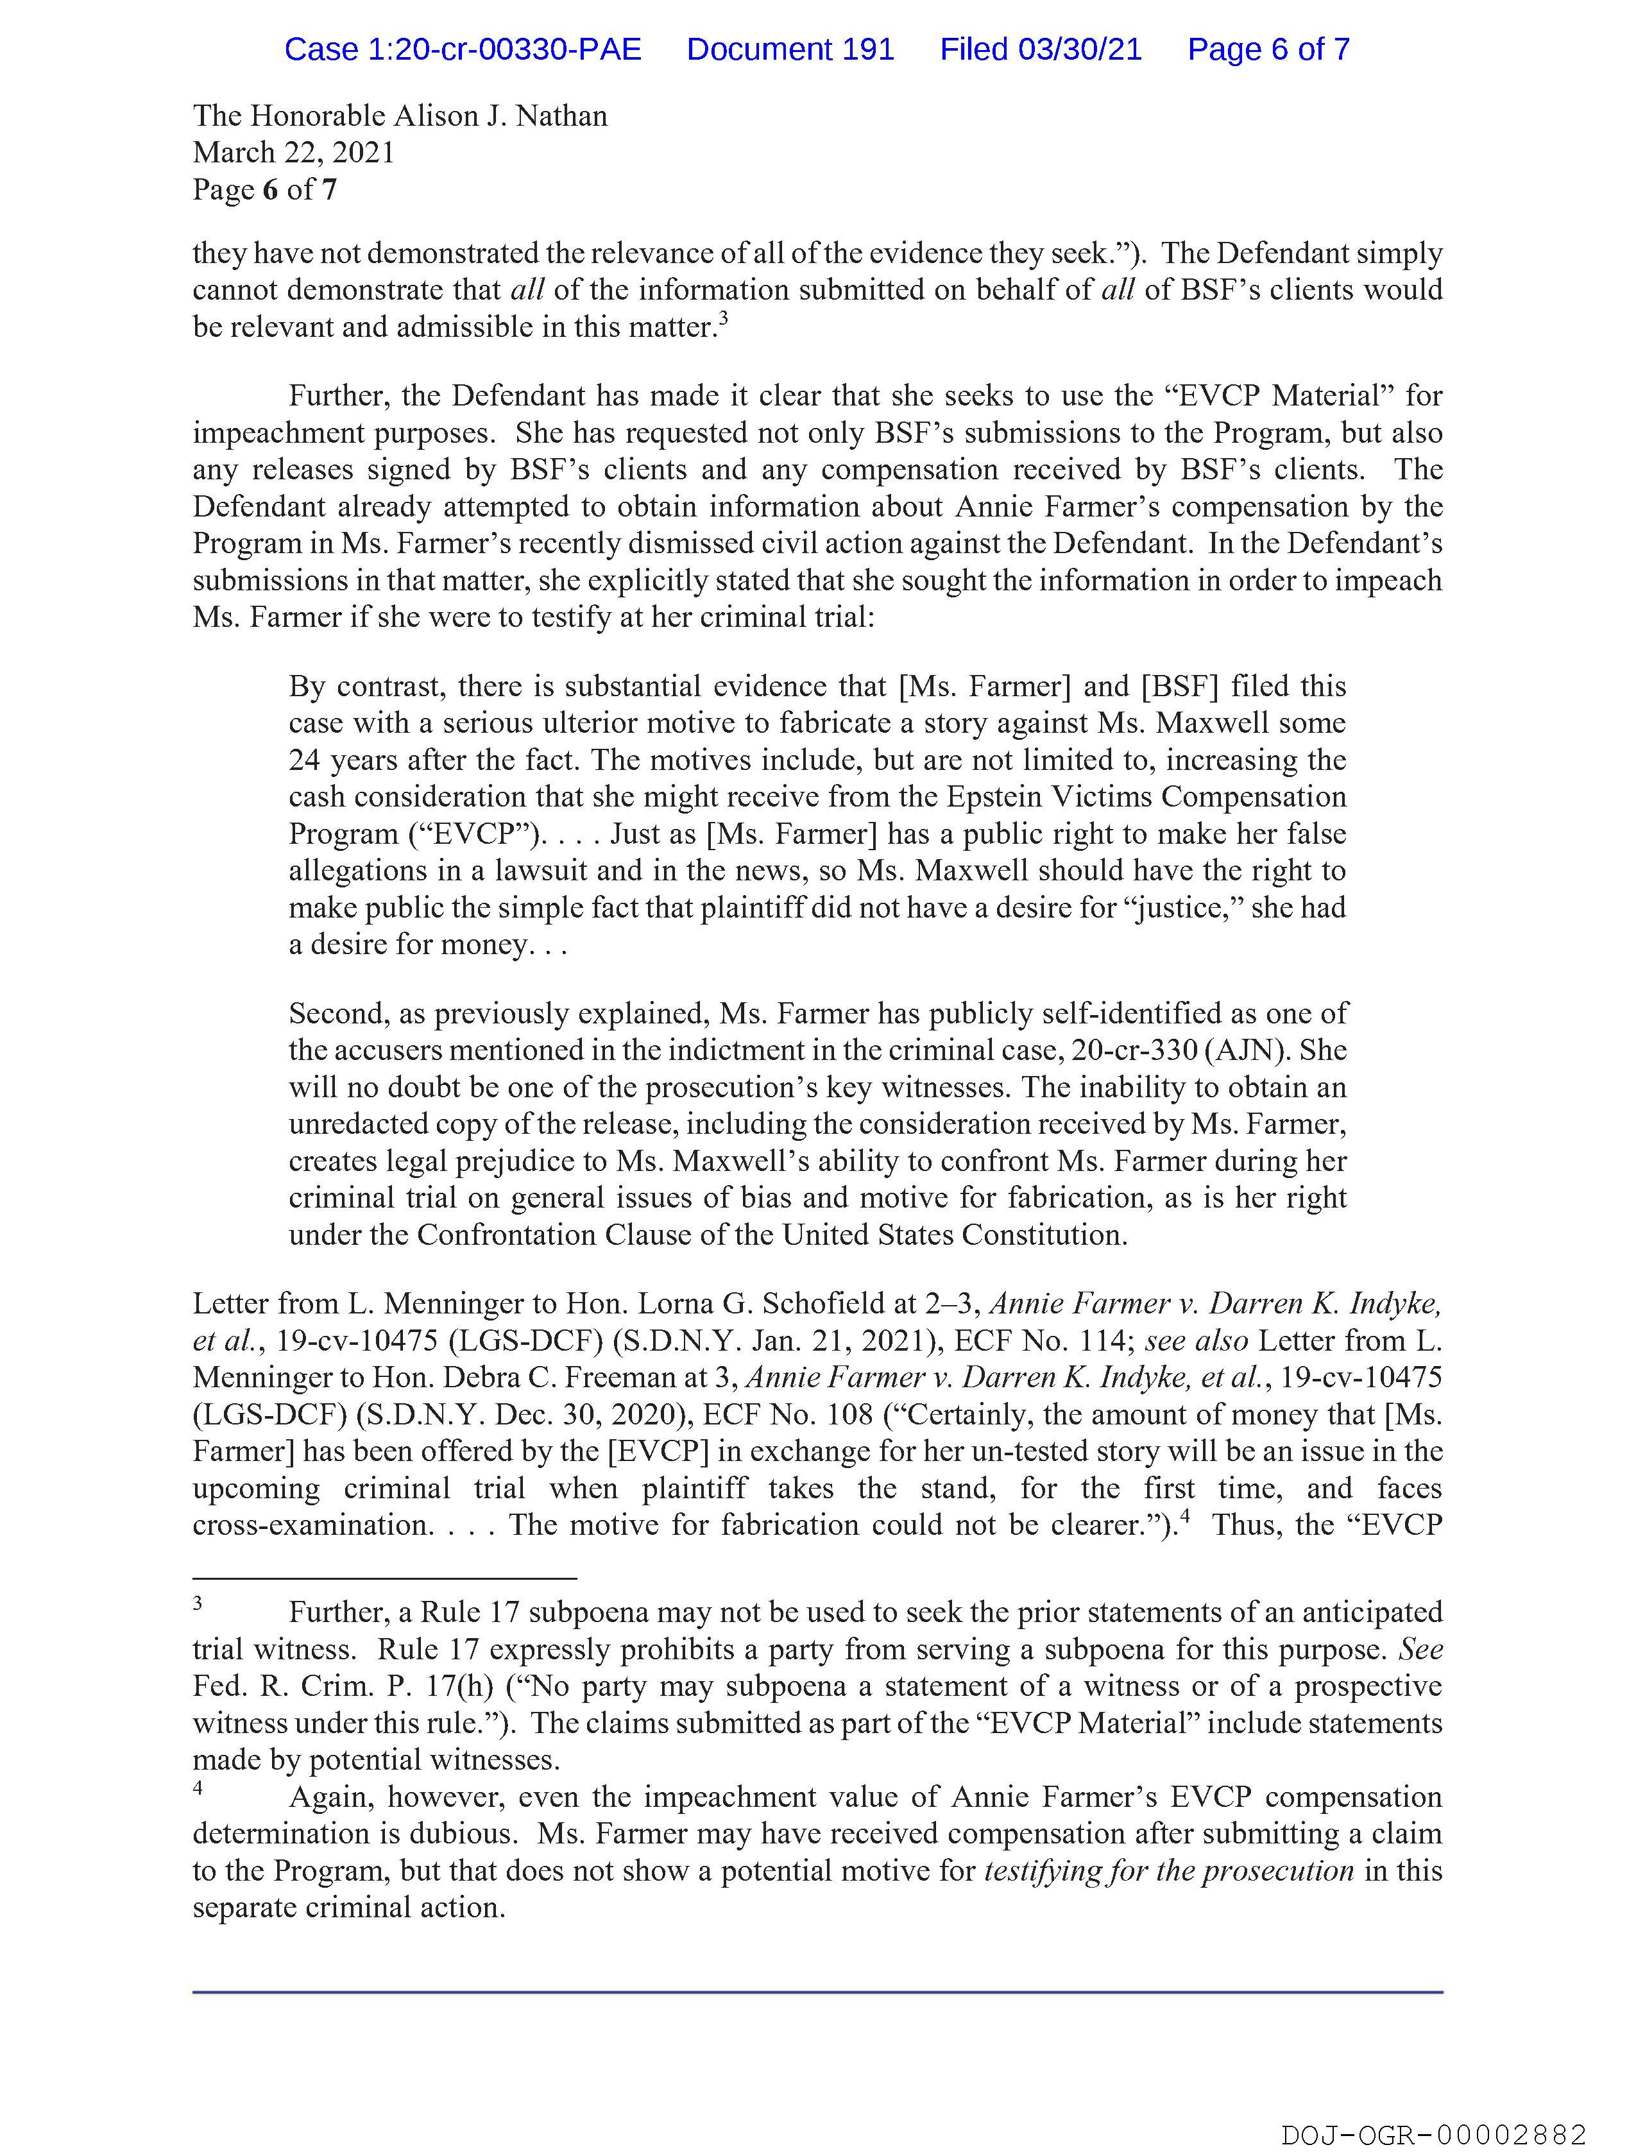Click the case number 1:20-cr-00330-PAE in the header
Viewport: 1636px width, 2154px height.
pos(463,49)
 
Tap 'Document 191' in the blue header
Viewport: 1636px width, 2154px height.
pos(790,49)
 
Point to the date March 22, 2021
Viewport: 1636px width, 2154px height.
pos(293,153)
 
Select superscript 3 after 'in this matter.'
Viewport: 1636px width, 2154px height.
pos(724,318)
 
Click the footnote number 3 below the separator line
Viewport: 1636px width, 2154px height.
pos(198,1602)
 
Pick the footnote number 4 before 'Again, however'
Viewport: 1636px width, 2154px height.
pos(198,1787)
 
